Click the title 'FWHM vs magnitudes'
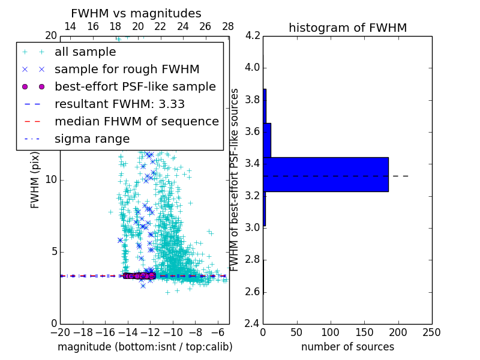(136, 13)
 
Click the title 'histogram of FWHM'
(347, 28)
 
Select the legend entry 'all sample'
(85, 52)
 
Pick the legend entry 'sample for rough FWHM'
(127, 70)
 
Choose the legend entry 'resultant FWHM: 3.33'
(119, 104)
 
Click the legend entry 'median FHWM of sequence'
(136, 121)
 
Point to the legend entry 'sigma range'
(92, 139)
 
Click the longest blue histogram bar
(326, 175)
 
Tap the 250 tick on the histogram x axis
(431, 332)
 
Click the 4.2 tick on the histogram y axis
(253, 35)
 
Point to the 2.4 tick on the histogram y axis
(253, 323)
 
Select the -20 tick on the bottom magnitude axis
(60, 332)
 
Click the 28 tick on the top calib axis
(228, 26)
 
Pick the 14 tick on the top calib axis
(70, 26)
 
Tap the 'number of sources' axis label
(347, 347)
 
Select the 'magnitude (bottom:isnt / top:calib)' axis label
(145, 347)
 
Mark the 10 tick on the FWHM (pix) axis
(51, 179)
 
